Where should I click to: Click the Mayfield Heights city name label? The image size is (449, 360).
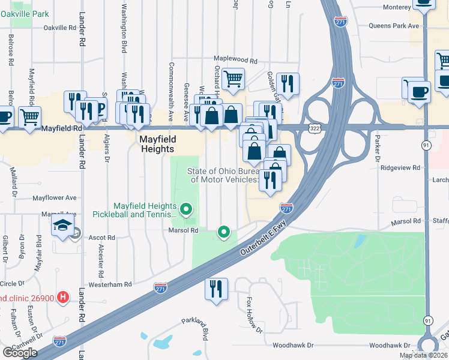[x=157, y=144]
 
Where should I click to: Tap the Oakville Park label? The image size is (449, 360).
[x=24, y=12]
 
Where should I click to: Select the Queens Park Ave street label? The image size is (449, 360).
[x=393, y=26]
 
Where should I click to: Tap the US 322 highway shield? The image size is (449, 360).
[x=314, y=128]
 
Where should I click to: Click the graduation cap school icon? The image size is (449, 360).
[x=62, y=225]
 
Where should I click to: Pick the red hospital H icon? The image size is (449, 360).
[x=61, y=298]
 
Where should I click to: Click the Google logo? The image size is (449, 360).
[x=19, y=353]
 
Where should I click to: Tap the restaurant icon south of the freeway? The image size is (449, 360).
[x=216, y=289]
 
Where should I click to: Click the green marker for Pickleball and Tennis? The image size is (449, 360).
[x=186, y=209]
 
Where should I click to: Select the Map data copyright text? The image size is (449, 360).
[x=423, y=355]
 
